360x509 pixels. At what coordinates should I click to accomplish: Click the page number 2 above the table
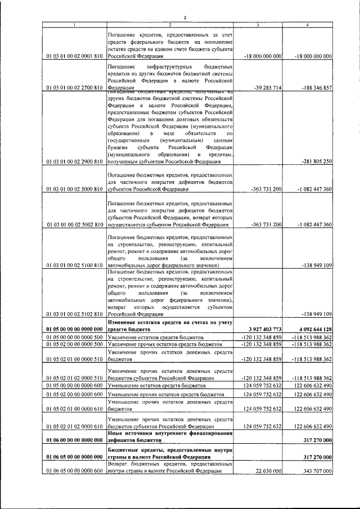(x=184, y=17)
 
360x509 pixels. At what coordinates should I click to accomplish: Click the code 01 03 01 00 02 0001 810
(x=74, y=56)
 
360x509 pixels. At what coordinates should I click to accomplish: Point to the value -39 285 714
(x=264, y=88)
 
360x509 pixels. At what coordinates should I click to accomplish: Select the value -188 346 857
(x=313, y=88)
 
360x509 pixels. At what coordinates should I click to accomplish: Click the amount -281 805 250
(x=313, y=161)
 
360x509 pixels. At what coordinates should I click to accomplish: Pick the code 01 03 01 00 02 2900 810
(x=74, y=161)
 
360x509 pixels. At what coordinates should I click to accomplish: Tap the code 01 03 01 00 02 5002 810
(x=74, y=224)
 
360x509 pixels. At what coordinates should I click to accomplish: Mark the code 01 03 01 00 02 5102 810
(x=74, y=313)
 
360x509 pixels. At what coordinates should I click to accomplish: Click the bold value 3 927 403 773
(x=262, y=328)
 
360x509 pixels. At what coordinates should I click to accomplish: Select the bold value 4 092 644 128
(x=311, y=328)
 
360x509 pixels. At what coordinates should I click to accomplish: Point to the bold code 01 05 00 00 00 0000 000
(x=74, y=328)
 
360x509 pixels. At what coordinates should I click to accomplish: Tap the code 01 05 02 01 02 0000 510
(x=74, y=379)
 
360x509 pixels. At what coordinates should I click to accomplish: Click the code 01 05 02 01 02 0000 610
(x=74, y=427)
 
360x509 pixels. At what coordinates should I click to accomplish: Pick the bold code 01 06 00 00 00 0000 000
(x=74, y=440)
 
